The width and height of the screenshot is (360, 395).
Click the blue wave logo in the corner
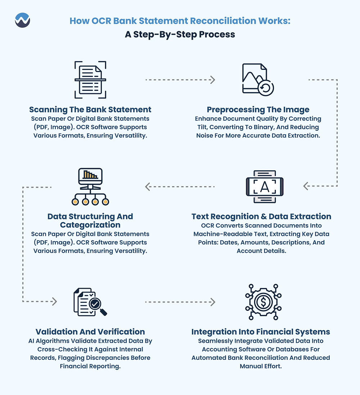pyautogui.click(x=22, y=20)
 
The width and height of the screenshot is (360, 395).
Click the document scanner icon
pyautogui.click(x=90, y=80)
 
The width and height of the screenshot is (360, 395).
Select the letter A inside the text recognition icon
pyautogui.click(x=265, y=187)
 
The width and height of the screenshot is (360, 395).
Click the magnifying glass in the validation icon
pyautogui.click(x=98, y=306)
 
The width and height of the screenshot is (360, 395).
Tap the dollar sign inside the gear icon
pyautogui.click(x=263, y=302)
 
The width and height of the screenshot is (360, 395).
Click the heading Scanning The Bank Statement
pyautogui.click(x=90, y=109)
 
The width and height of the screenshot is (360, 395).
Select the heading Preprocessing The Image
pyautogui.click(x=258, y=109)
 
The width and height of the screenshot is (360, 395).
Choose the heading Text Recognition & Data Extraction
pyautogui.click(x=261, y=216)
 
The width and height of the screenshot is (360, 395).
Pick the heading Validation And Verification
pyautogui.click(x=90, y=332)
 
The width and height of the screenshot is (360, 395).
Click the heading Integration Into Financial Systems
pyautogui.click(x=261, y=332)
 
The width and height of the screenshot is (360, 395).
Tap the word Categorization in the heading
pyautogui.click(x=90, y=225)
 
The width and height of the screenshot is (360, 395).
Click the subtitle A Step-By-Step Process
pyautogui.click(x=180, y=34)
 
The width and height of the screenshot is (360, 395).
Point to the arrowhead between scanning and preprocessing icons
pyautogui.click(x=213, y=80)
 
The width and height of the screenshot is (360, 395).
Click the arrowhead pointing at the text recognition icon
pyautogui.click(x=306, y=186)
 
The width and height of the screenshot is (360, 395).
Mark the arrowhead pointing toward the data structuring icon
pyautogui.click(x=148, y=187)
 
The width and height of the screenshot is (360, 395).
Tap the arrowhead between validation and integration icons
pyautogui.click(x=213, y=302)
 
